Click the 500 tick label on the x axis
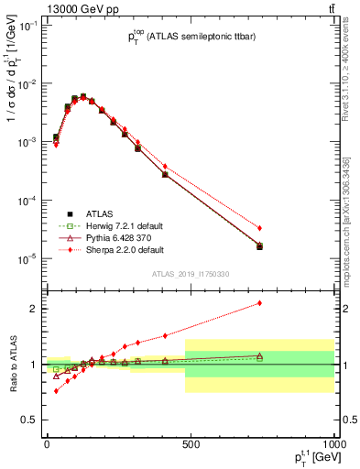click(191, 444)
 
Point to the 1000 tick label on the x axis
click(333, 444)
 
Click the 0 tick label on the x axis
click(47, 444)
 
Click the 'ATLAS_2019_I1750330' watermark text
click(191, 274)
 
